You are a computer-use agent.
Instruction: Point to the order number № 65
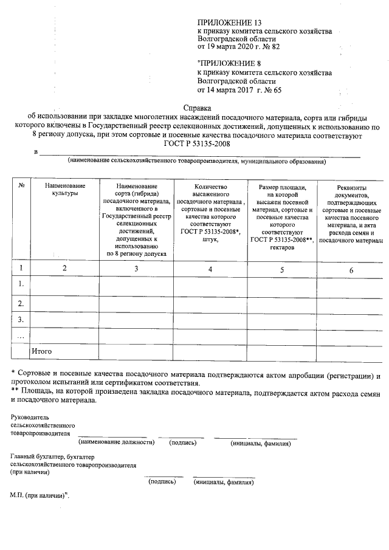tap(274, 90)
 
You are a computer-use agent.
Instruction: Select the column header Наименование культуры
tap(61, 189)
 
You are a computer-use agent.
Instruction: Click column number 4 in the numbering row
tap(210, 269)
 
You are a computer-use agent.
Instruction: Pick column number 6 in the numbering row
tap(351, 269)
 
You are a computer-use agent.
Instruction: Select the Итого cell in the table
tap(42, 351)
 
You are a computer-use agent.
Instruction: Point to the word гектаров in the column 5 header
tap(281, 248)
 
